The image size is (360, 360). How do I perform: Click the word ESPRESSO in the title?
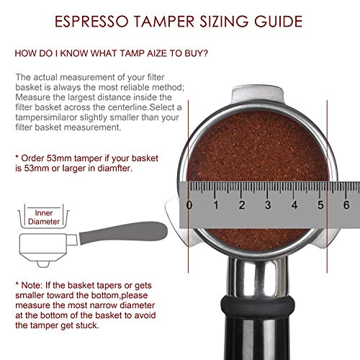tap(92, 22)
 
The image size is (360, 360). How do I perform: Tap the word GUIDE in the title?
tap(278, 22)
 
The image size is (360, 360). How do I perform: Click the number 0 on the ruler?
tap(189, 205)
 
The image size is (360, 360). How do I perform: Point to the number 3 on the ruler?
tap(268, 205)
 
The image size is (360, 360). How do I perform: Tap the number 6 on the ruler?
tap(346, 205)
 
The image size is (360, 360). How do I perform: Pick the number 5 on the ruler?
tap(320, 205)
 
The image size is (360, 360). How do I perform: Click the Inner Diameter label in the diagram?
tap(44, 217)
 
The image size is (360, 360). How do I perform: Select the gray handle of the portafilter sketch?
tap(123, 232)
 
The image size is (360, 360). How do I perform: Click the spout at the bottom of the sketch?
tap(43, 264)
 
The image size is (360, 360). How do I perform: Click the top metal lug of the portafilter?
tap(257, 94)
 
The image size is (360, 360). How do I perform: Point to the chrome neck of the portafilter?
tap(258, 277)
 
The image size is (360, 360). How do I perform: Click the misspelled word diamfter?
tap(115, 168)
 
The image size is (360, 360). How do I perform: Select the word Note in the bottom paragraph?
tap(31, 285)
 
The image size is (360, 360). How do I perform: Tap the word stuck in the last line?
tap(88, 325)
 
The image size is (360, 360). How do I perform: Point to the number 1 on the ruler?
tap(216, 205)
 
